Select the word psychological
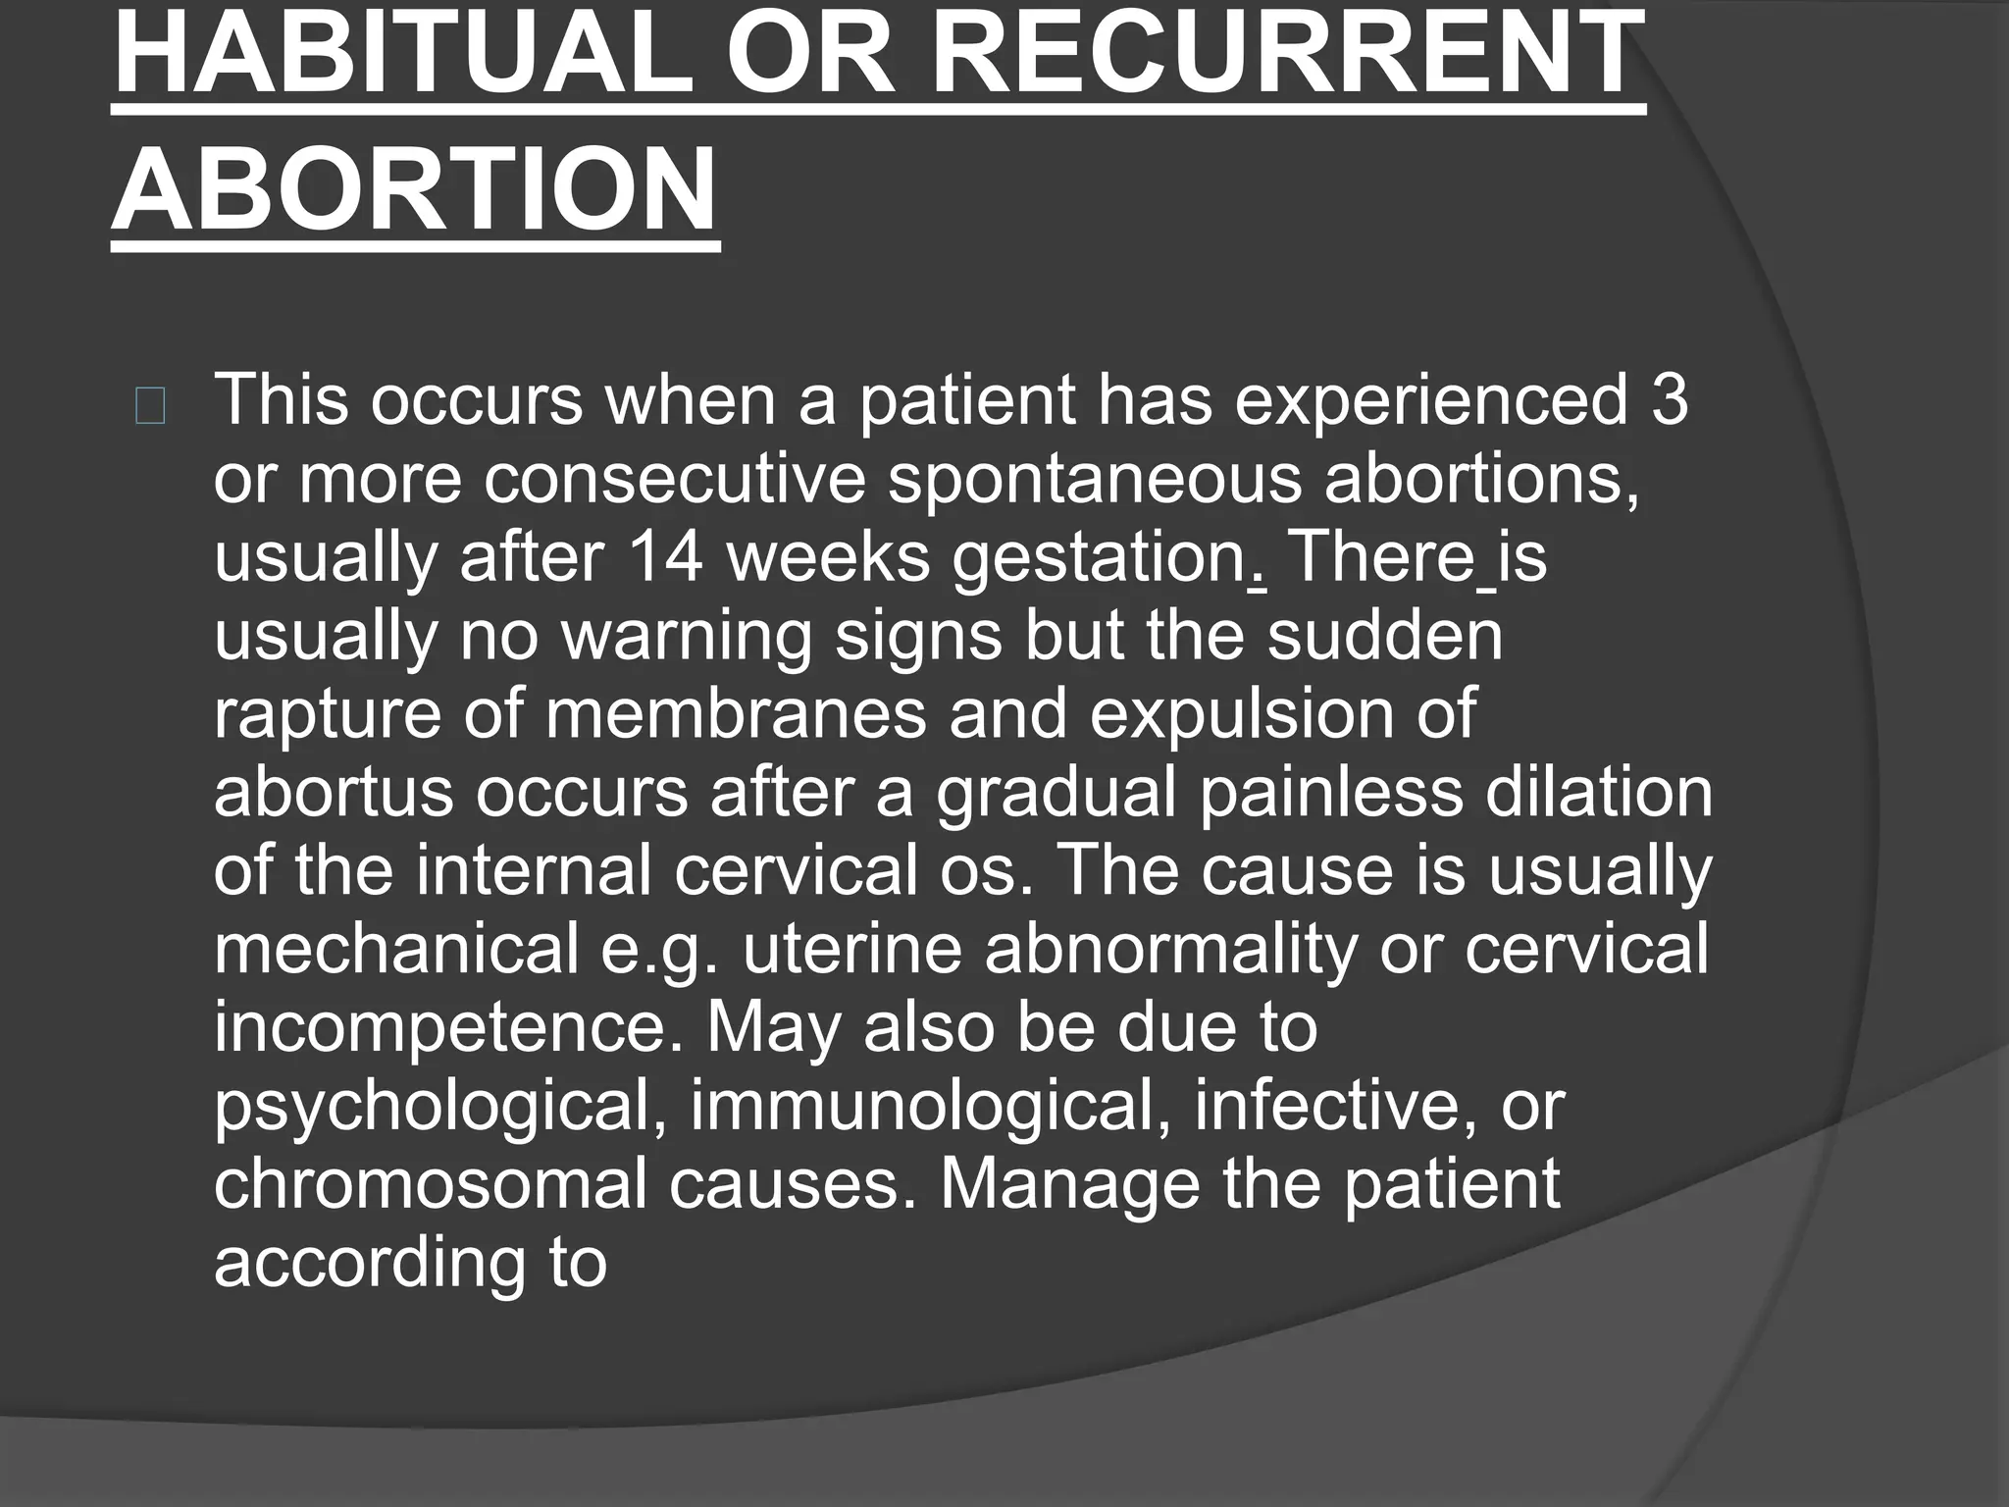pyautogui.click(x=441, y=1107)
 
